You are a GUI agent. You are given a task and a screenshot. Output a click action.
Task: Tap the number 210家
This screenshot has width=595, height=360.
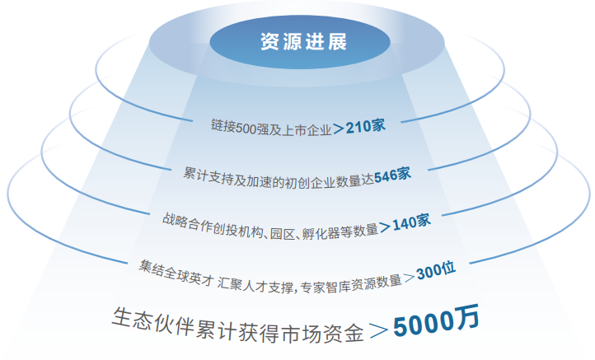366,127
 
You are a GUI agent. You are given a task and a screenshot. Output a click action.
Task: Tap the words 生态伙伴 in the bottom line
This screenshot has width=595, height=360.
143,317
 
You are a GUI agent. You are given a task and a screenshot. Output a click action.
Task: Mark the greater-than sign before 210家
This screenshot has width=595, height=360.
339,129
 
